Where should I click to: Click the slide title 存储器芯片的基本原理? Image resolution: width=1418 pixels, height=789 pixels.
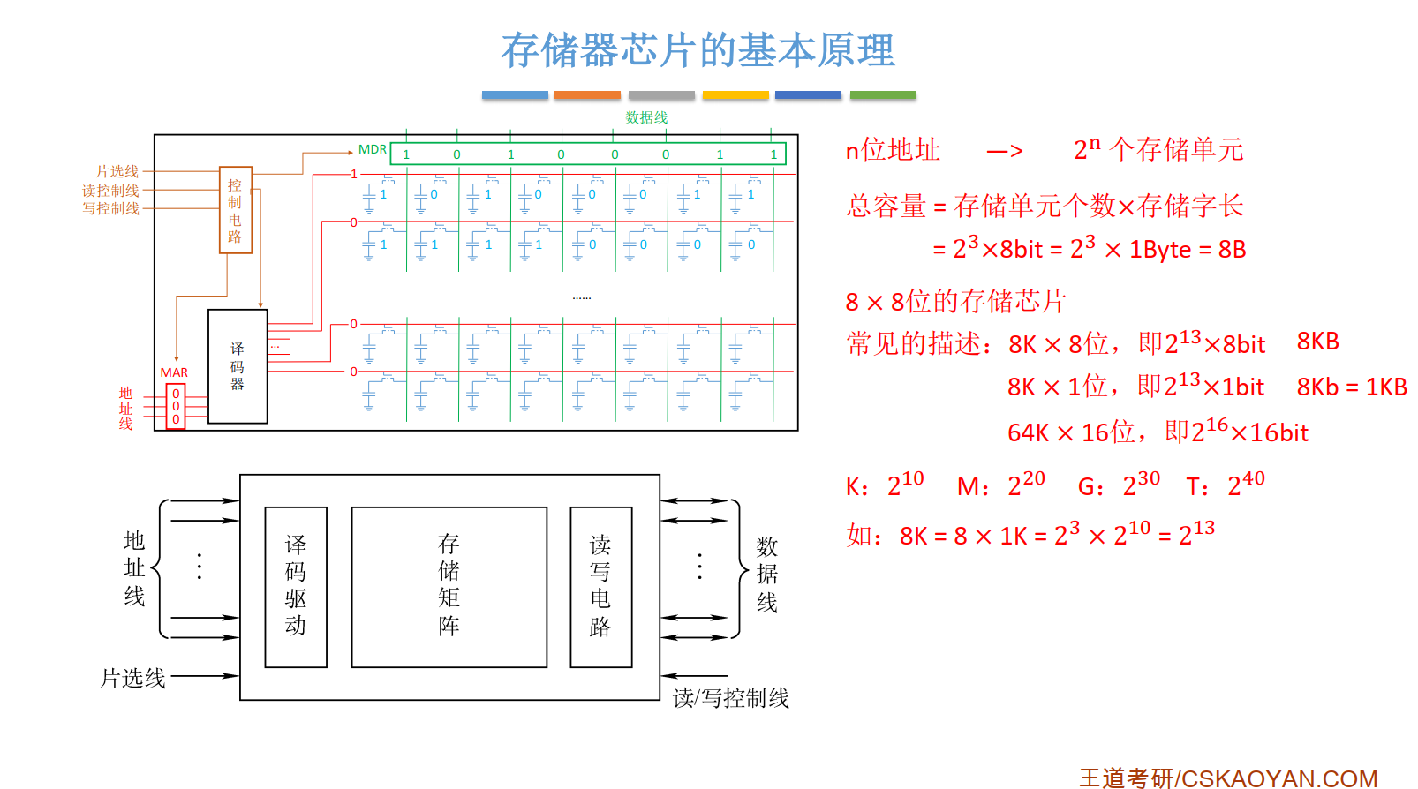[x=698, y=50]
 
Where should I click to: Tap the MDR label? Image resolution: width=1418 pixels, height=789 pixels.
[x=372, y=150]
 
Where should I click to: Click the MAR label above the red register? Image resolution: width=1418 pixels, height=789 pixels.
[x=174, y=372]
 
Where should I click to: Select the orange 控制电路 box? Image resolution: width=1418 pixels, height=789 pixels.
[x=236, y=210]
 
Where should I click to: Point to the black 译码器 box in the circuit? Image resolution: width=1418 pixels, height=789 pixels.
[x=238, y=366]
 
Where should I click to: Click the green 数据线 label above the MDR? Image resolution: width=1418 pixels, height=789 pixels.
[x=646, y=117]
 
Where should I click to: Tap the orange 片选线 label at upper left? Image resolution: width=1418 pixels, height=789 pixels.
[x=117, y=171]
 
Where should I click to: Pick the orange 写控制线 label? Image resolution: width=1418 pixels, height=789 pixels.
[x=110, y=209]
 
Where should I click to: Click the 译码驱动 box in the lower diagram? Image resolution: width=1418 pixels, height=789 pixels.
[x=296, y=587]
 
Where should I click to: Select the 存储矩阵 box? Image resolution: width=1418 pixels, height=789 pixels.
[x=449, y=587]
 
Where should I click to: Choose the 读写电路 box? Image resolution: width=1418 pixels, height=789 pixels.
[x=600, y=587]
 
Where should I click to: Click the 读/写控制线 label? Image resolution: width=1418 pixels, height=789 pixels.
[x=730, y=698]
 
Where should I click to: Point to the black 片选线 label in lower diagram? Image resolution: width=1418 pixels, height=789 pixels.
[x=132, y=678]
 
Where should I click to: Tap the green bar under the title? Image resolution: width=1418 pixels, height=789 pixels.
[x=883, y=94]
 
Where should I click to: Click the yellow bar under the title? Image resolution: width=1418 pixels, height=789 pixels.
[x=735, y=94]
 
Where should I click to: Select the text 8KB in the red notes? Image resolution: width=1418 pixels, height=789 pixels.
[x=1317, y=342]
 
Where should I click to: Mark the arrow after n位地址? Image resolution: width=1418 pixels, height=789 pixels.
[x=1005, y=152]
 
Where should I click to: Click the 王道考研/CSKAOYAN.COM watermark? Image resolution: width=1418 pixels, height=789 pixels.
[x=1227, y=778]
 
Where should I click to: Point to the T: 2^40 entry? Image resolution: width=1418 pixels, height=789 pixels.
[x=1226, y=485]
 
